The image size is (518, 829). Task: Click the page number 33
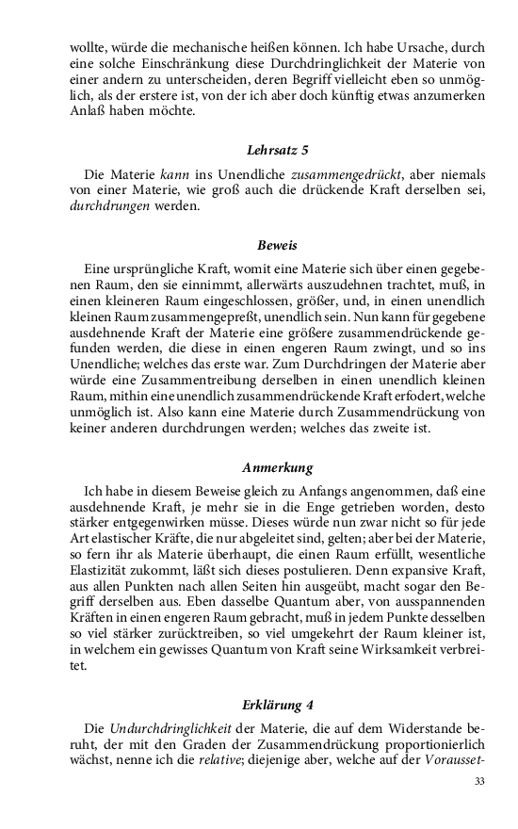479,781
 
